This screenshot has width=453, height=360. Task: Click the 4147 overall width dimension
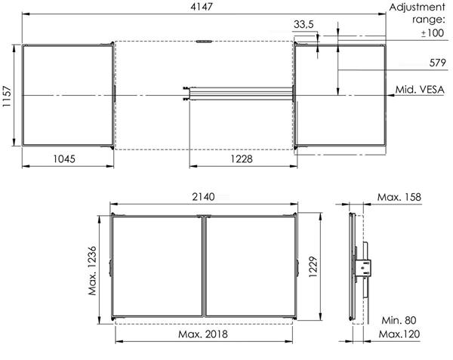[202, 7]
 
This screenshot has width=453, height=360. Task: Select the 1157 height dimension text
[7, 97]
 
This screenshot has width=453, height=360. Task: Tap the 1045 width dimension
[64, 158]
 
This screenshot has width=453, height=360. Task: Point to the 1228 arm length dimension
[242, 158]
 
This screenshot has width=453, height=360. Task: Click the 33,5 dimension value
[304, 25]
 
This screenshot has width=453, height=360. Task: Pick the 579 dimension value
[438, 63]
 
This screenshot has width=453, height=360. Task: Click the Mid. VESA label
[420, 90]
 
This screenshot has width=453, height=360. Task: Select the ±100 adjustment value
[433, 33]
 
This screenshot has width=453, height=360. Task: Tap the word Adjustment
[418, 8]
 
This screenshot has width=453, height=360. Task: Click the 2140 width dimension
[203, 197]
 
